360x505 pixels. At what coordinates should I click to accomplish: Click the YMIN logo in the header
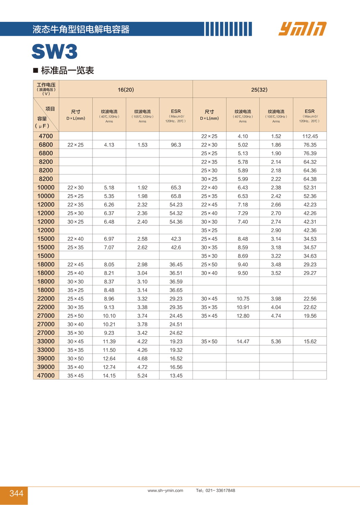302,29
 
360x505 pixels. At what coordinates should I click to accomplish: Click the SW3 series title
54,52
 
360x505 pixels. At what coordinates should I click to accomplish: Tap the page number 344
16,494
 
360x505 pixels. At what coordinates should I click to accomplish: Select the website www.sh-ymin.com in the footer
165,490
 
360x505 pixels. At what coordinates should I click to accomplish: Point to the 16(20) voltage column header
126,90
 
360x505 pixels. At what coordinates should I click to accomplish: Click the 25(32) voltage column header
259,90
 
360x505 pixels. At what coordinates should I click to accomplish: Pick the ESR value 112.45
309,136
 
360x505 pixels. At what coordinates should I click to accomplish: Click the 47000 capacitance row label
46,375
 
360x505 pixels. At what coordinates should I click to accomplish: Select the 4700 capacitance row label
46,136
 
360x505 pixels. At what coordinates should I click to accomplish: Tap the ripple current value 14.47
243,341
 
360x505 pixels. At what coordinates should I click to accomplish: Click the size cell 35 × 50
209,341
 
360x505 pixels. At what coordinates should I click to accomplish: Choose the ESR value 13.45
176,376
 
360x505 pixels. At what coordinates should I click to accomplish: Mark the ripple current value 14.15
109,376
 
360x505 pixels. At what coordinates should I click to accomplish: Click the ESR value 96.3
176,145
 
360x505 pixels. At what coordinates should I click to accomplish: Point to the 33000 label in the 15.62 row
46,341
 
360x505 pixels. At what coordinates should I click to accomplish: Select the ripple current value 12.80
243,316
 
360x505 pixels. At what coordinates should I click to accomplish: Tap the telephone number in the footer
216,490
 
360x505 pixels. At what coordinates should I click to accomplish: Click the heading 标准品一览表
67,70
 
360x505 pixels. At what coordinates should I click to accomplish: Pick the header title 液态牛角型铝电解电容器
81,29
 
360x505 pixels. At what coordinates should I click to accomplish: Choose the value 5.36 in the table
276,341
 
